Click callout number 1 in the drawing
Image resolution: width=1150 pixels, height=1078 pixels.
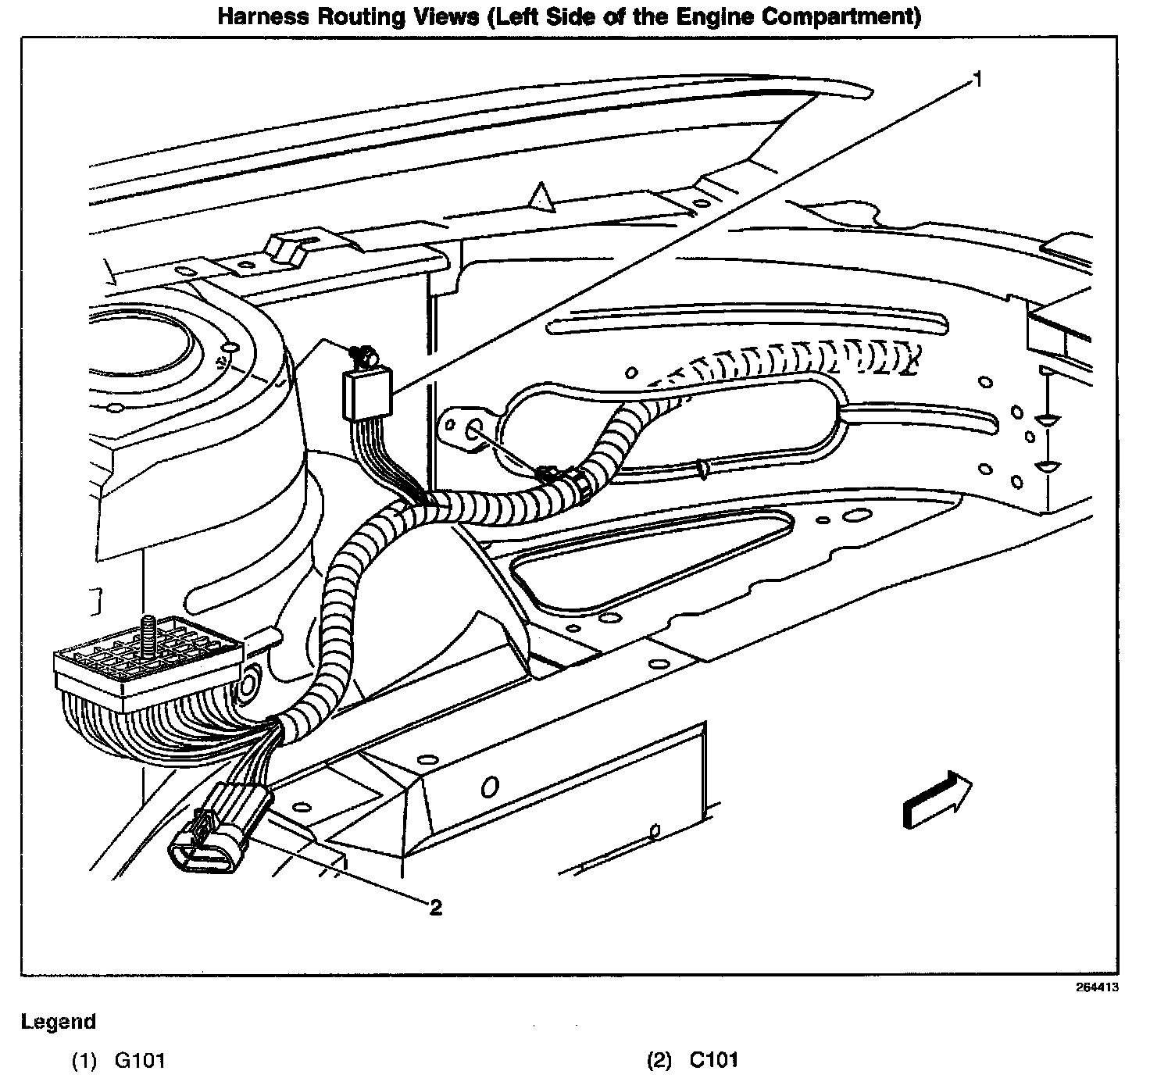click(x=976, y=78)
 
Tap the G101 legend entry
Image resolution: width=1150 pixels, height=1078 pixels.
click(x=140, y=1060)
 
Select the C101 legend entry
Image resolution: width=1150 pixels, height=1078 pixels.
click(x=713, y=1060)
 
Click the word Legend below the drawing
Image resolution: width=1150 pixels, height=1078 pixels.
click(x=59, y=1021)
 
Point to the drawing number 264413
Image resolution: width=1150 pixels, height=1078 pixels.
click(x=1097, y=987)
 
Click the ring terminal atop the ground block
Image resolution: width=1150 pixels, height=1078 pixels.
click(x=363, y=357)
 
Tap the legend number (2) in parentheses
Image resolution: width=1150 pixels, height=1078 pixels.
click(x=659, y=1060)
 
